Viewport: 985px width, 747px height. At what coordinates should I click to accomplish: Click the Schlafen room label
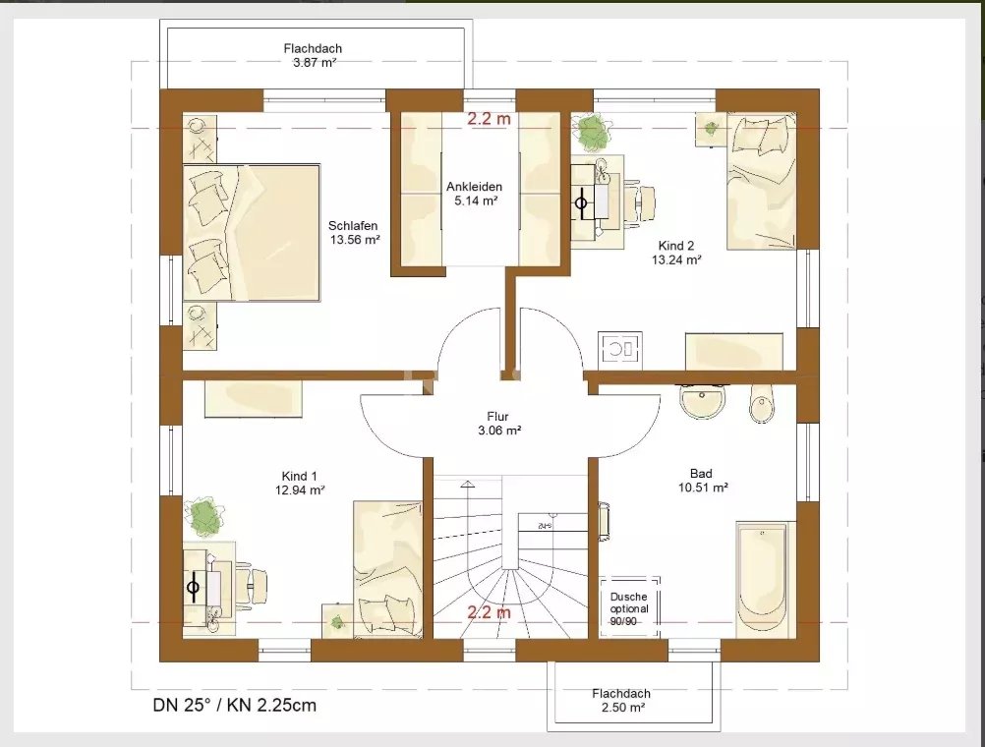coord(354,232)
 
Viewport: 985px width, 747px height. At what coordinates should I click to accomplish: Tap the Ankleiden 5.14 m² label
coord(475,194)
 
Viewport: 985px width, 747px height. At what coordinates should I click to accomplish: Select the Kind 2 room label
coord(676,253)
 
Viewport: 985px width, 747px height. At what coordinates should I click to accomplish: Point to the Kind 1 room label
coord(299,484)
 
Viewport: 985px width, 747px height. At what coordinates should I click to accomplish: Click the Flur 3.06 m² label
coord(498,424)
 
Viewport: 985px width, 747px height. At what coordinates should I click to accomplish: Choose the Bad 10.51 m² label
coord(702,480)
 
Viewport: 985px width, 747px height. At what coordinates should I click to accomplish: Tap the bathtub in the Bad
coord(761,579)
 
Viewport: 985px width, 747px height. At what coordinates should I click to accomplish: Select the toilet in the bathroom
coord(763,402)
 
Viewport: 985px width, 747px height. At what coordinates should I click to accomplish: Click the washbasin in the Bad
coord(702,400)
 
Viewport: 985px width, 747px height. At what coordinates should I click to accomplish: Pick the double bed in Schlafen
coord(252,233)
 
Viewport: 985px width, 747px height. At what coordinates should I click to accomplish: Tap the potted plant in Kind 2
coord(591,131)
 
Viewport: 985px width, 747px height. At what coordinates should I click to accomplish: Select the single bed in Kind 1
coord(387,569)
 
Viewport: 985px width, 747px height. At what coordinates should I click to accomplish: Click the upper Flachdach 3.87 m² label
coord(313,55)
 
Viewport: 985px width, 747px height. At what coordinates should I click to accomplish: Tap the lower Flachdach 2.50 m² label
coord(620,701)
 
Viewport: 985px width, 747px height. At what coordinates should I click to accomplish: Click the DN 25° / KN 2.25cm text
coord(234,705)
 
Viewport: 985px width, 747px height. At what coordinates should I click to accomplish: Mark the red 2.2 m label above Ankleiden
coord(489,118)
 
